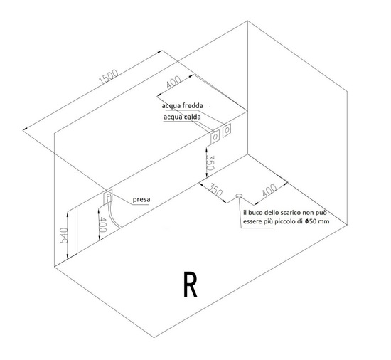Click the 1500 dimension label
click(109, 77)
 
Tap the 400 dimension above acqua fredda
click(173, 82)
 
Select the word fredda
click(193, 106)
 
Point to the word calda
click(191, 117)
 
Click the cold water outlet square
click(227, 130)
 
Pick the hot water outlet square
click(215, 137)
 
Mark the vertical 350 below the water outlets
click(210, 163)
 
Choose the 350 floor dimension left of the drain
click(215, 190)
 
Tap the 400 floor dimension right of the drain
click(269, 190)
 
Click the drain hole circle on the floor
click(239, 196)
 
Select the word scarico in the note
click(291, 213)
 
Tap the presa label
click(141, 200)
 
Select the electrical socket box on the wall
click(108, 196)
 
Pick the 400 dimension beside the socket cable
click(103, 224)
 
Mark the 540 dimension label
click(63, 235)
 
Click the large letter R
click(191, 284)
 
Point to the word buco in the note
click(254, 213)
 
